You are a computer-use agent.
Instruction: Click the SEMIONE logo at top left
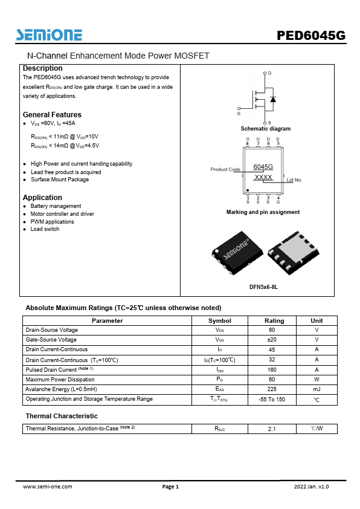(x=50, y=34)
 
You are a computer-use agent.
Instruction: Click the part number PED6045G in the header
(x=311, y=36)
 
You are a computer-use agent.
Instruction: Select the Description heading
(x=42, y=68)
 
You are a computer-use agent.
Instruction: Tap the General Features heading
(x=52, y=115)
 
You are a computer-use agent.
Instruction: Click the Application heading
(x=42, y=198)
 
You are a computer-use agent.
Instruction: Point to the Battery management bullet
(x=56, y=206)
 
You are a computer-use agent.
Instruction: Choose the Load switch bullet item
(x=45, y=229)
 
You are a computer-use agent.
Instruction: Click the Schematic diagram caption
(x=265, y=129)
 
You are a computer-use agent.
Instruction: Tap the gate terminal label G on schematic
(x=239, y=113)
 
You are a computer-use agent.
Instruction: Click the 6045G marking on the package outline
(x=263, y=166)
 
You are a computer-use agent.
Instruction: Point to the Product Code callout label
(x=225, y=169)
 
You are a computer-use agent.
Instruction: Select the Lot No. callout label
(x=294, y=180)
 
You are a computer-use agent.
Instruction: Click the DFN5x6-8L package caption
(x=263, y=287)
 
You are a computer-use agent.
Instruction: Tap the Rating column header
(x=274, y=320)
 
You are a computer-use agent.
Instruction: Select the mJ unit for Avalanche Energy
(x=317, y=389)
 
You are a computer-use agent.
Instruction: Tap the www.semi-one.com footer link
(x=47, y=487)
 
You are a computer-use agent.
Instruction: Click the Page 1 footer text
(x=170, y=487)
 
